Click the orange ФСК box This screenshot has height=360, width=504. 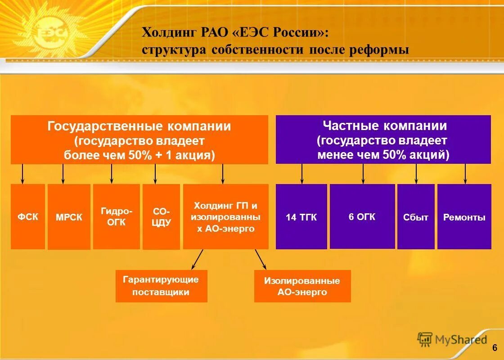(28, 216)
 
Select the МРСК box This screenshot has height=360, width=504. (69, 217)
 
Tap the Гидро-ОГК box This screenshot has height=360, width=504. (116, 216)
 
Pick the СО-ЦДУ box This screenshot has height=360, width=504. (161, 217)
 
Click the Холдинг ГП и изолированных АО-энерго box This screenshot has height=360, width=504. (225, 216)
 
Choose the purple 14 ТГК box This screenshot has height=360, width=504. (301, 217)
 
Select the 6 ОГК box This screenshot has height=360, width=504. (362, 216)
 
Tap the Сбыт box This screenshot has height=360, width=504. (416, 217)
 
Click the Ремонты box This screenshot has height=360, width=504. (464, 217)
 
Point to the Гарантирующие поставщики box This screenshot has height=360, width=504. (161, 286)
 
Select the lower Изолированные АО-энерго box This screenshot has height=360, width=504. (302, 286)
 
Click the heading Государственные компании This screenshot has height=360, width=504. (139, 126)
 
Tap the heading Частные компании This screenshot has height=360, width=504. (385, 126)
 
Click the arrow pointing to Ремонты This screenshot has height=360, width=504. (465, 174)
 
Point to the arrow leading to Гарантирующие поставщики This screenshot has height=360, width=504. (197, 260)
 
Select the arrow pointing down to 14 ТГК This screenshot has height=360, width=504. (302, 174)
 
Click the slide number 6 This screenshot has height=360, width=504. (494, 347)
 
